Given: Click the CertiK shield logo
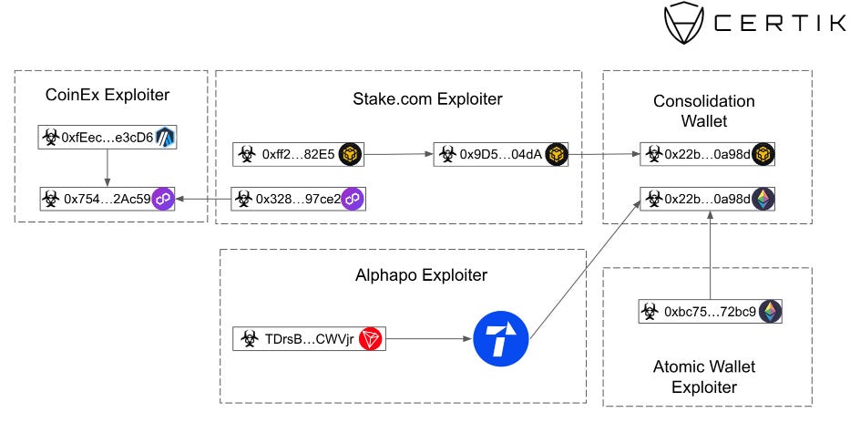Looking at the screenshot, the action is (x=685, y=22).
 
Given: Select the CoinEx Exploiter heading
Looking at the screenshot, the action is (x=108, y=95).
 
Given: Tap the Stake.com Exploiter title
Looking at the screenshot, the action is (x=427, y=98).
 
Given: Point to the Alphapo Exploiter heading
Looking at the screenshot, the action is (x=421, y=275).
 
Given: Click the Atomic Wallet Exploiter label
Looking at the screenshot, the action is (x=704, y=377).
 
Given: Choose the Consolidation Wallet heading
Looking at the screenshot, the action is (x=704, y=110).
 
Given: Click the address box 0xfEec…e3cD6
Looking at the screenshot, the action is (x=108, y=138).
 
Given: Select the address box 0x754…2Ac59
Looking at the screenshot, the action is (x=108, y=199).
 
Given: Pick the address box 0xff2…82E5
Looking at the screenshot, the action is (x=298, y=155).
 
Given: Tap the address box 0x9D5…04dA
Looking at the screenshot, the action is (x=501, y=155).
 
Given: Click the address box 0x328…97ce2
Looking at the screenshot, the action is (x=298, y=199).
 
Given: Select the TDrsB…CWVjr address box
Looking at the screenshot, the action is (x=309, y=338).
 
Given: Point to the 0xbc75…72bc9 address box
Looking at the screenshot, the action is (x=710, y=311).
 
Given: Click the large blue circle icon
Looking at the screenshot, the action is (x=501, y=338).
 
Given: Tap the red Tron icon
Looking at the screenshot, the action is (x=370, y=338).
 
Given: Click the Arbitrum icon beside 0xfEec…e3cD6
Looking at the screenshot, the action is (x=164, y=138).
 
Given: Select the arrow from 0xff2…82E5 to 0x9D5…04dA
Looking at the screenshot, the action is (x=398, y=155).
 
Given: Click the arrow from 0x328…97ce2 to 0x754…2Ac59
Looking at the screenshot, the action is (x=203, y=199).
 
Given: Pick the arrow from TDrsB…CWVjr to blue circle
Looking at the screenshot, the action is (x=429, y=338).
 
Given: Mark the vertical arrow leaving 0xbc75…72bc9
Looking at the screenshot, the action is (x=710, y=255).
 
